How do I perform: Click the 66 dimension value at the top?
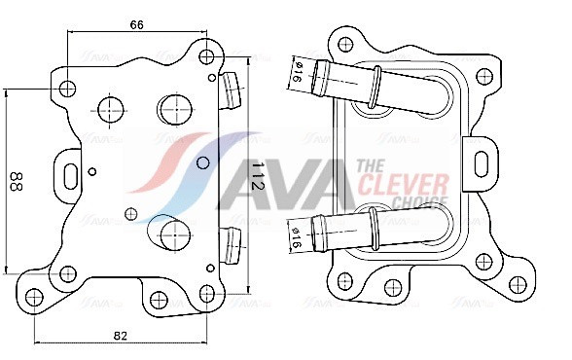click(x=137, y=24)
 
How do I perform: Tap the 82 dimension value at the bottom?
click(x=121, y=336)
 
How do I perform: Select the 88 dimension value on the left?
click(x=17, y=181)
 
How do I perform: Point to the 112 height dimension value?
click(x=258, y=176)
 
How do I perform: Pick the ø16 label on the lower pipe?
click(x=296, y=237)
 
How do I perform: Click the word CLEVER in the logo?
click(x=403, y=185)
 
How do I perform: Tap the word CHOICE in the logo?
click(x=420, y=202)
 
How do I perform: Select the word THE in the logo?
click(x=371, y=166)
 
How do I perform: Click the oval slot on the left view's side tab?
click(x=70, y=176)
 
